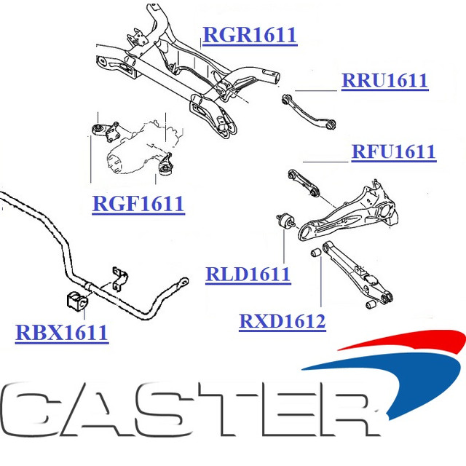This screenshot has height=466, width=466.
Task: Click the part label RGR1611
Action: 249,34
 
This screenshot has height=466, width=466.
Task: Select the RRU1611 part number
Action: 384,80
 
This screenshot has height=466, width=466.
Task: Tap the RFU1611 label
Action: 393,151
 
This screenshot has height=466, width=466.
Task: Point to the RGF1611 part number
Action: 138,203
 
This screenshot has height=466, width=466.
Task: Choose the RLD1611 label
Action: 248,275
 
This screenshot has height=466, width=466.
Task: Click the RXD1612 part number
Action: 282,320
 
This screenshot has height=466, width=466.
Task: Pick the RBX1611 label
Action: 61,333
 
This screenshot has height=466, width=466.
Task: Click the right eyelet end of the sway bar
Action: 181,280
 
